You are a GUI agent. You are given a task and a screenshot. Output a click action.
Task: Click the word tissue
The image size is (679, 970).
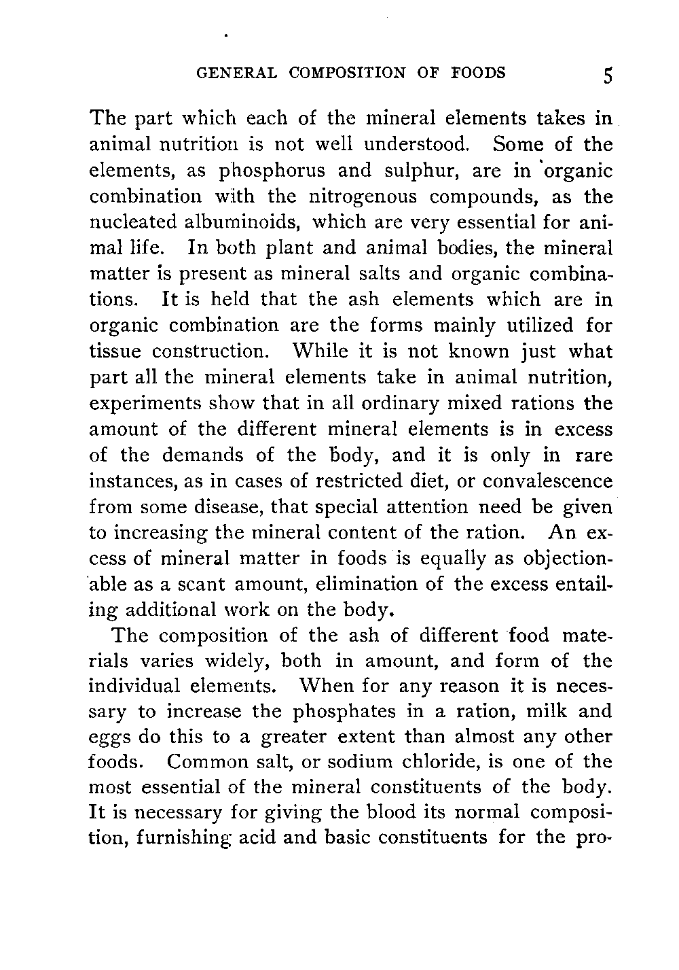tap(115, 352)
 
